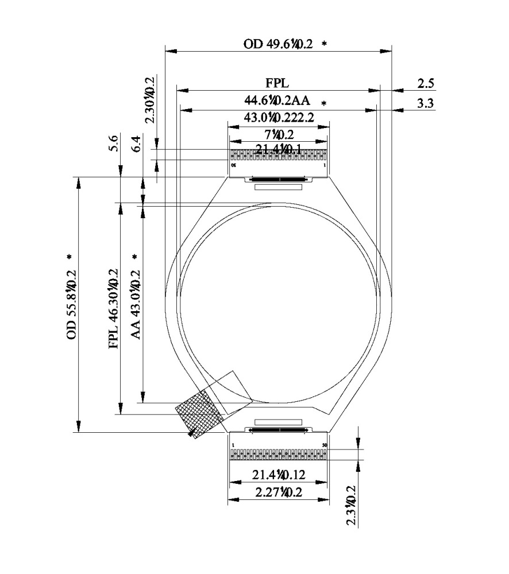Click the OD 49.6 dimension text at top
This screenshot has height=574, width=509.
tap(278, 44)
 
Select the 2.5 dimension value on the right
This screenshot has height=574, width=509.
tap(425, 84)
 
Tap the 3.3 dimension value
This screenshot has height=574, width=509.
tap(425, 103)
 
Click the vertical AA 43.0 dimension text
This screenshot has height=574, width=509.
tap(136, 304)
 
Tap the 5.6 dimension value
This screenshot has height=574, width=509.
tap(114, 142)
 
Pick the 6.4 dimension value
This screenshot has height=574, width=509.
tap(136, 144)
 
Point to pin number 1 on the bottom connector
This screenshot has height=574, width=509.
tap(233, 445)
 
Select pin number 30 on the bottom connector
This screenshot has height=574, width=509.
tap(325, 445)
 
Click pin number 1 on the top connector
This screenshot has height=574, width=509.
tap(325, 165)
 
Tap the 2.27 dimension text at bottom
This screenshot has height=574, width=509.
tap(278, 492)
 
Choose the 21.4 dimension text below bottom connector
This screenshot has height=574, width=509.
tap(278, 475)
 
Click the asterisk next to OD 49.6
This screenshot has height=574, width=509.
tap(324, 44)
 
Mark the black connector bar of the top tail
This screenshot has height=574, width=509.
tap(279, 179)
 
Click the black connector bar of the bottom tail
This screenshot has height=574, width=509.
tap(279, 429)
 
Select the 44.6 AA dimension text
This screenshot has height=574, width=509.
tap(277, 101)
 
